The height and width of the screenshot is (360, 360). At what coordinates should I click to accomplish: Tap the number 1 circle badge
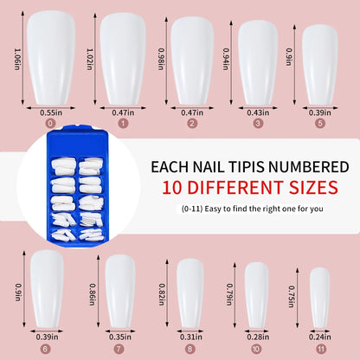(122, 123)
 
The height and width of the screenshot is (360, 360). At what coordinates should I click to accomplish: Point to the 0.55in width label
(49, 112)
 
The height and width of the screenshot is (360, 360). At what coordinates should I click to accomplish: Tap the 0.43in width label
(258, 112)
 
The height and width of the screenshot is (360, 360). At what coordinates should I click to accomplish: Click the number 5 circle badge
(319, 123)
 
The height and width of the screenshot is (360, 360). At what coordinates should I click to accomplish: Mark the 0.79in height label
(231, 297)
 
